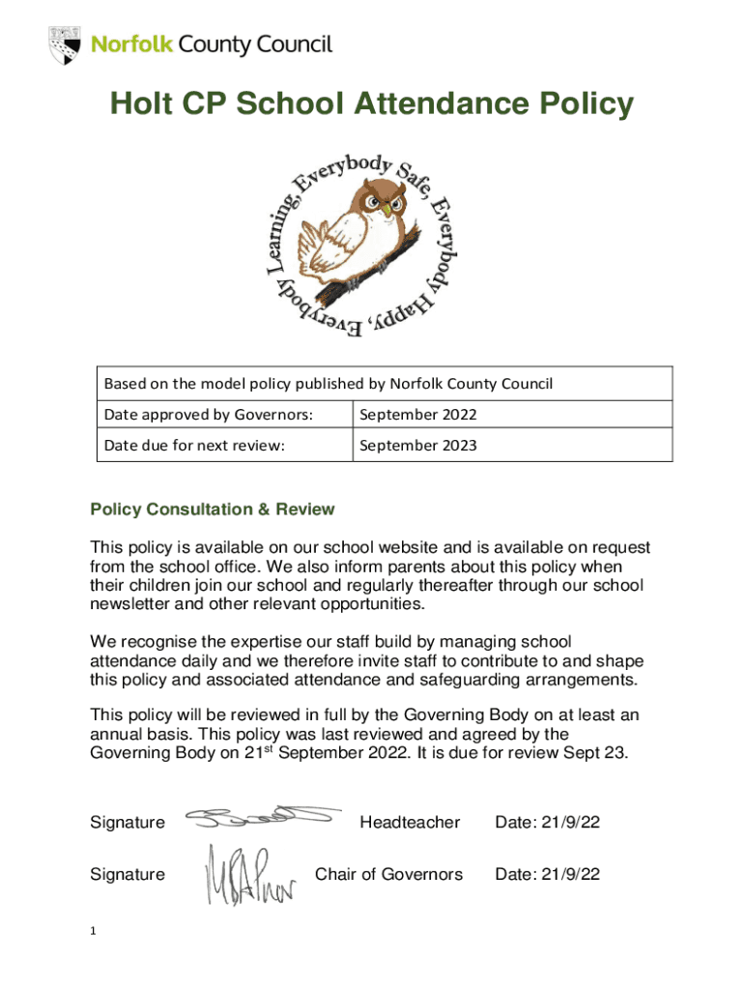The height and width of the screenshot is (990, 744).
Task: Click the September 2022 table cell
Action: click(418, 415)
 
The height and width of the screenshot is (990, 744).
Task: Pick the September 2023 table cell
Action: click(418, 446)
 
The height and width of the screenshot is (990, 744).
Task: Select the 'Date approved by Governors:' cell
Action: click(208, 415)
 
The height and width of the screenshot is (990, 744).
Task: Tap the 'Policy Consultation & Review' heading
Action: click(212, 509)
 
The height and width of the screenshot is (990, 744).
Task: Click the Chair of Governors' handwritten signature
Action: click(254, 876)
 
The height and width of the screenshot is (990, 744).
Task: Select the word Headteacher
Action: click(410, 823)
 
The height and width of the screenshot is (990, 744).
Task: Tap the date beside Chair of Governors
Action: click(548, 875)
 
